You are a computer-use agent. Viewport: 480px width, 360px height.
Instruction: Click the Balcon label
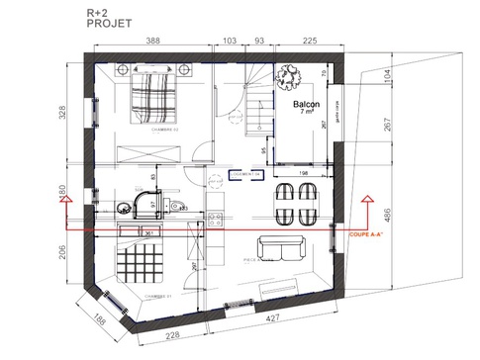pyautogui.click(x=306, y=104)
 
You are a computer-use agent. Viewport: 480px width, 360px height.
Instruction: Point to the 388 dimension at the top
pyautogui.click(x=153, y=43)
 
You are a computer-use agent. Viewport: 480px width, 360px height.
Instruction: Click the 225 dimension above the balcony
pyautogui.click(x=309, y=43)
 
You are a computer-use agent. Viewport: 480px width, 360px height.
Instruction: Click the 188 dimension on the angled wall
pyautogui.click(x=100, y=318)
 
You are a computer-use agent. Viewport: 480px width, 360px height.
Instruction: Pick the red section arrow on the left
pyautogui.click(x=65, y=203)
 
